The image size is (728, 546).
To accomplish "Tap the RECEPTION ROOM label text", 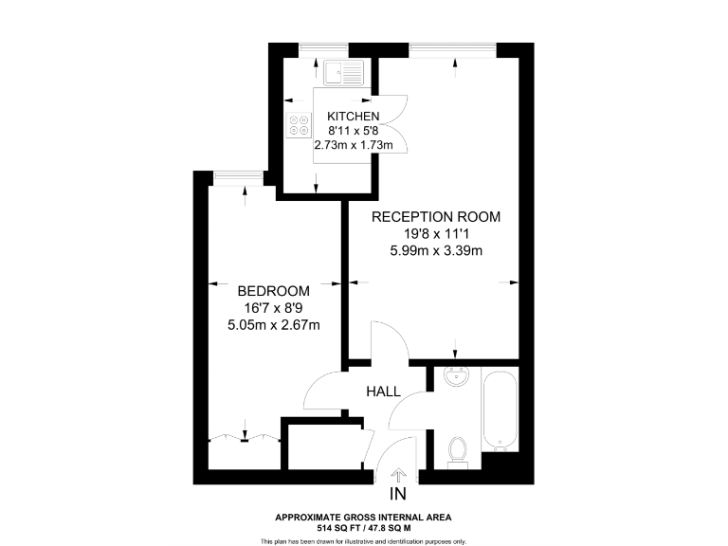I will (435, 217).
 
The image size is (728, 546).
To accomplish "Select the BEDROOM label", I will (274, 290).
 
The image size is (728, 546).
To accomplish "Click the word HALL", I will (383, 391).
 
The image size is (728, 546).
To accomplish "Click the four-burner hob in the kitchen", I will (300, 126).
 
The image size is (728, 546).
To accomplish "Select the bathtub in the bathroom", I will (500, 410).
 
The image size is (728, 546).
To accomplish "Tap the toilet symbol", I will (458, 451).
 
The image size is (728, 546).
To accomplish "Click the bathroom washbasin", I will (457, 376).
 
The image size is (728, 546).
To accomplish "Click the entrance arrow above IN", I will (398, 473).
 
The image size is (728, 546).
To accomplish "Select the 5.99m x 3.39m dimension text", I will (435, 251).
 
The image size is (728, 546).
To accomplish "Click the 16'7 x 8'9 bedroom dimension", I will (274, 308).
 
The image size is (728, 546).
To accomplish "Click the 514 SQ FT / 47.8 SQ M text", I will (363, 527).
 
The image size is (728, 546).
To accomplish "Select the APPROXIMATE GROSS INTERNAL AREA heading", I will (363, 517).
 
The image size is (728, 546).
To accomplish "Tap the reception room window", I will (454, 48).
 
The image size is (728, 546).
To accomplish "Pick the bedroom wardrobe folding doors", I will (243, 437).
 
